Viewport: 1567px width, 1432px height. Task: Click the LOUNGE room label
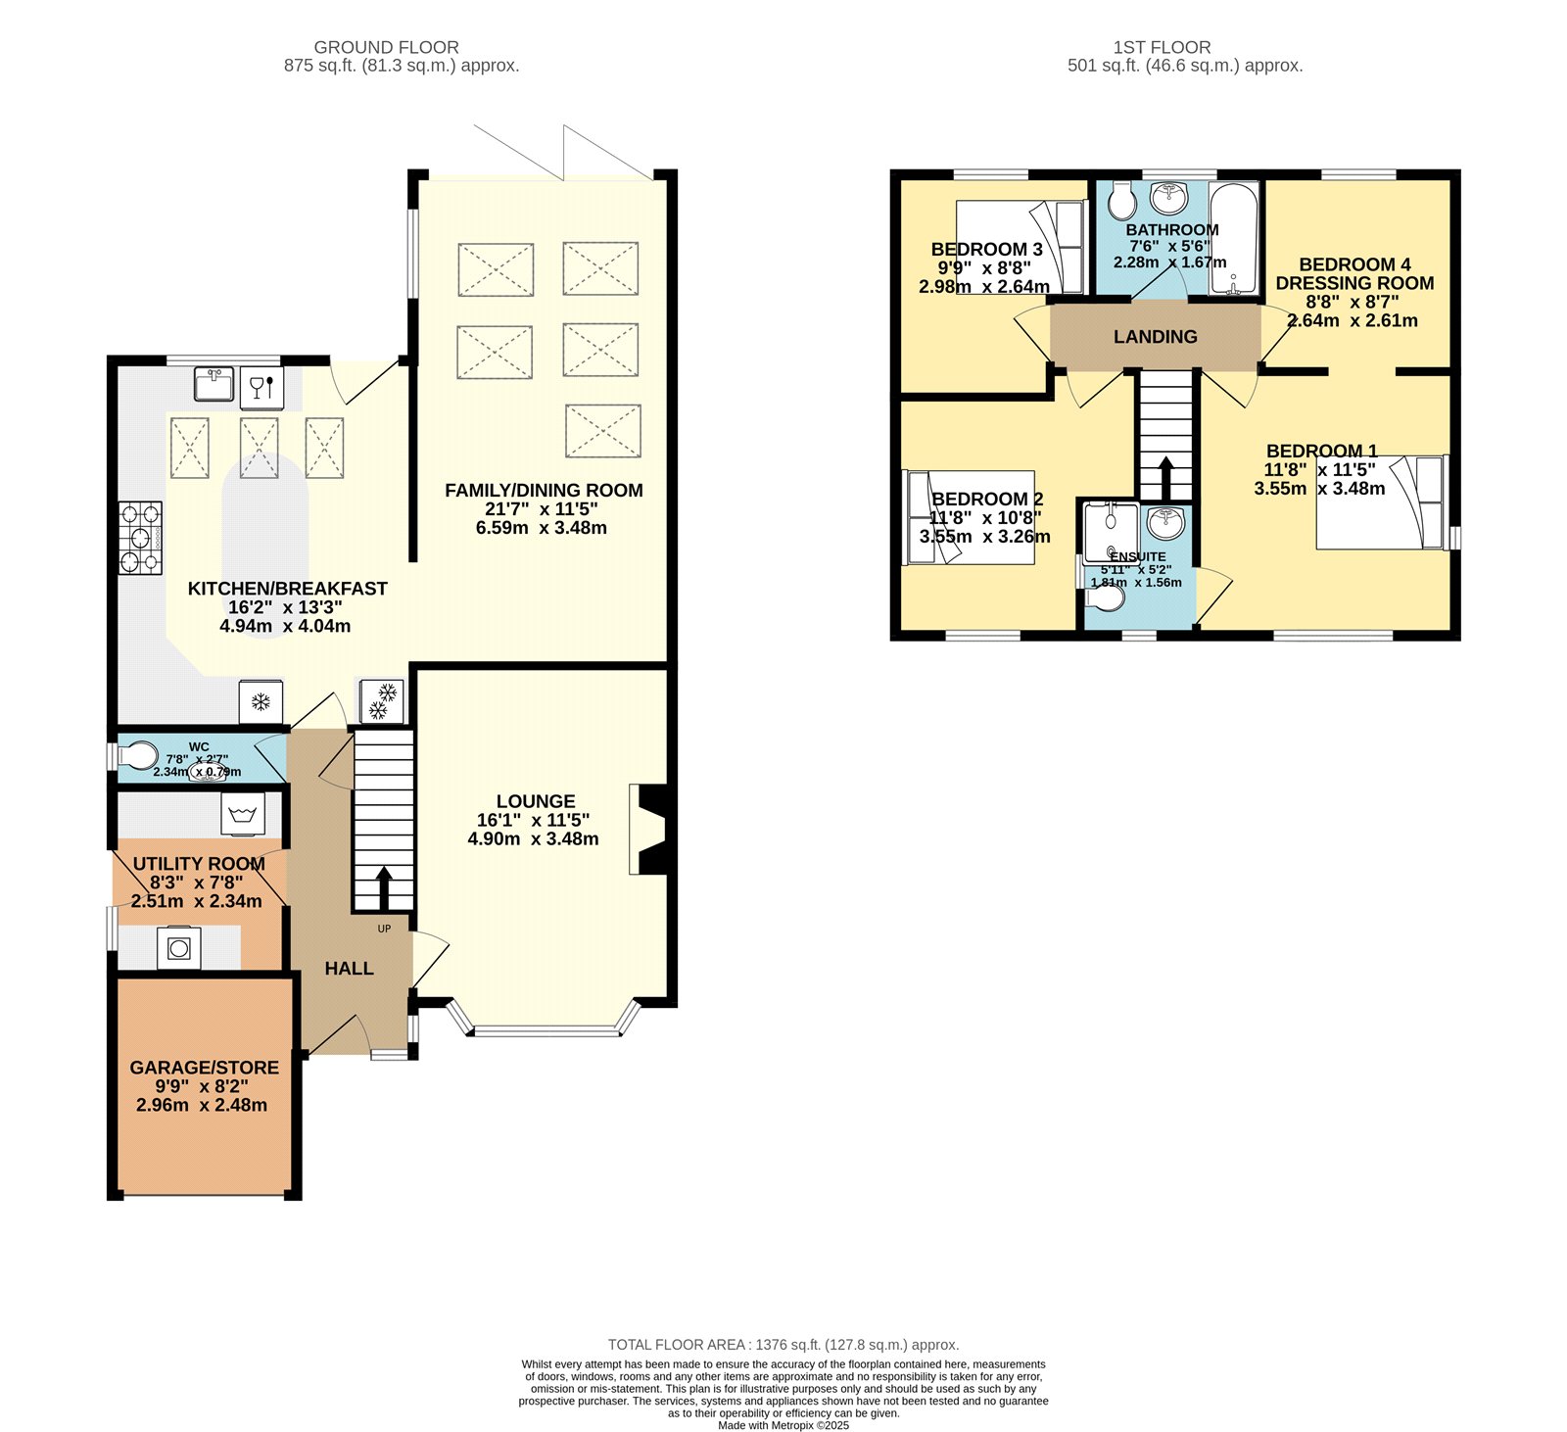[x=536, y=801]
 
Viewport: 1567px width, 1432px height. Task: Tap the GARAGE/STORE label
[x=205, y=1068]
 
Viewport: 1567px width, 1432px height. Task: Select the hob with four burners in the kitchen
[x=141, y=538]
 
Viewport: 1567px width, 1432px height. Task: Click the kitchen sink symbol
[x=214, y=383]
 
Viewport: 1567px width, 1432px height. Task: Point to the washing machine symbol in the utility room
[x=243, y=814]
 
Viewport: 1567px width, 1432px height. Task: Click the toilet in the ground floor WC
[x=137, y=756]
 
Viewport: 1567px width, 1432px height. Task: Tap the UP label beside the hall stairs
[x=384, y=929]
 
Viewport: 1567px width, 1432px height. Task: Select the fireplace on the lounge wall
[x=648, y=829]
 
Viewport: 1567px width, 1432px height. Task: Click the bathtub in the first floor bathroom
[x=1234, y=238]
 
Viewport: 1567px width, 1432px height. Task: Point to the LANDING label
[x=1156, y=337]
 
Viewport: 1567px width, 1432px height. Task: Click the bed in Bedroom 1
[x=1381, y=502]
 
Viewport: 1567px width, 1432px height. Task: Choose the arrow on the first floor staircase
[x=1165, y=479]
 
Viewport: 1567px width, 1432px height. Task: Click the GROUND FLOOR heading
[x=387, y=47]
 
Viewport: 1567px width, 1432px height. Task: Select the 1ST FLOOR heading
[x=1163, y=47]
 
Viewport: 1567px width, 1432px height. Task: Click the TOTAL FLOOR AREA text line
[x=783, y=1345]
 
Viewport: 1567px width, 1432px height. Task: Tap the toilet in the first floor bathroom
[x=1121, y=201]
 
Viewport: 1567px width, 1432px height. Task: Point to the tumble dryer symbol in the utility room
[x=179, y=947]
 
